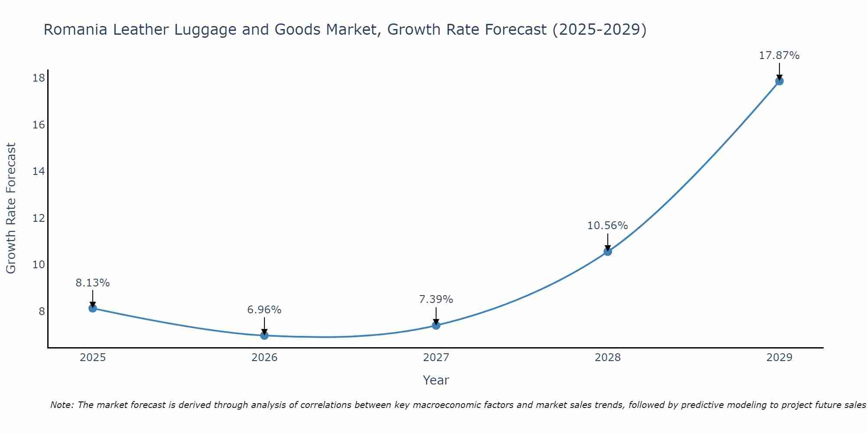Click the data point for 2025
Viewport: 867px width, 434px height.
[x=93, y=308]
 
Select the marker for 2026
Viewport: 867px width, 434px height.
[x=264, y=335]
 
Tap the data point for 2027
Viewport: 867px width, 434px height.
[x=436, y=325]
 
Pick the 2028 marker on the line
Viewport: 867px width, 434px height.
[x=608, y=251]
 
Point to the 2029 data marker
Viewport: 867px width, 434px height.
[x=779, y=81]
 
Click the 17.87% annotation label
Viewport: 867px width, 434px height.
[x=779, y=56]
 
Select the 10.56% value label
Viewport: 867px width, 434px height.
[x=607, y=226]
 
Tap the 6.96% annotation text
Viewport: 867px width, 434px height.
[x=264, y=310]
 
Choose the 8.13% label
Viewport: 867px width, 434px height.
[x=93, y=283]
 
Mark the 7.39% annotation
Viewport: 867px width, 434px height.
[x=436, y=299]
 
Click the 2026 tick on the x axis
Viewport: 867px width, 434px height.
[x=264, y=358]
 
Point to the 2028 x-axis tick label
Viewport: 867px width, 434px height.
[x=608, y=358]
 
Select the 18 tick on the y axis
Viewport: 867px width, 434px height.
[x=39, y=78]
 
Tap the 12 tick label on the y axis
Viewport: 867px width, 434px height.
[x=39, y=218]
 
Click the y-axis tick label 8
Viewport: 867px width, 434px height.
[x=42, y=311]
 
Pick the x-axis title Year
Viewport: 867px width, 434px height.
[x=436, y=380]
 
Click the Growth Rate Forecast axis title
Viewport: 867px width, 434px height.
[x=11, y=208]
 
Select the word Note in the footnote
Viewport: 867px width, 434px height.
[x=62, y=405]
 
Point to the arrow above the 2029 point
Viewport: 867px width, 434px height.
[x=779, y=71]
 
